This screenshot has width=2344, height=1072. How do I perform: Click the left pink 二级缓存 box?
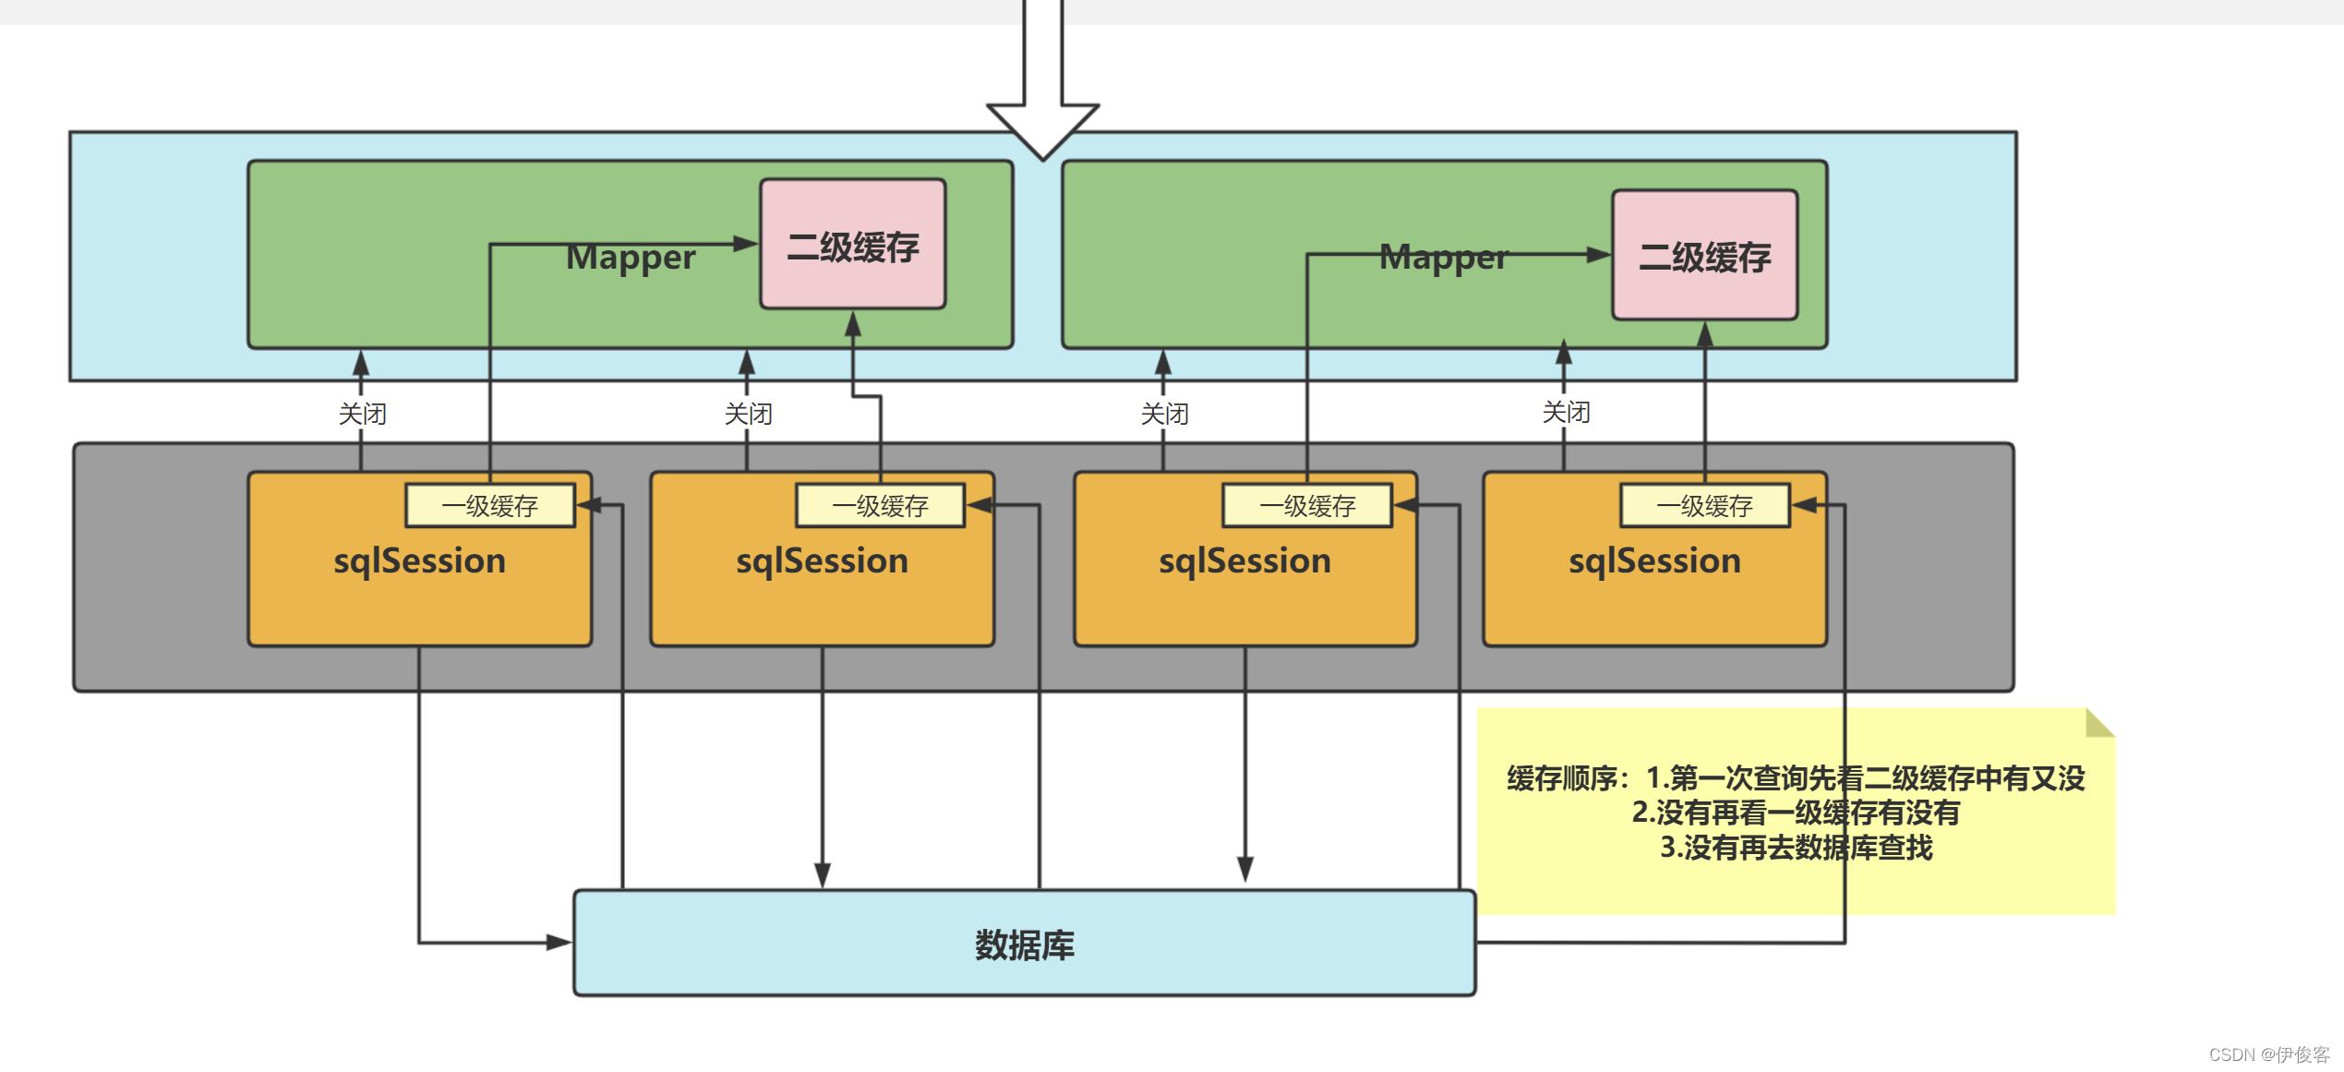click(852, 245)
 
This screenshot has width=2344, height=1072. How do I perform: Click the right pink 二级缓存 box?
click(1704, 256)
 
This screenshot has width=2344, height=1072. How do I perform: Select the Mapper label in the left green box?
click(631, 258)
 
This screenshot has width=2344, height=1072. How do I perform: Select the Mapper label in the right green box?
click(1443, 258)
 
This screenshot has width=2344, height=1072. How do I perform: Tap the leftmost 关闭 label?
click(362, 414)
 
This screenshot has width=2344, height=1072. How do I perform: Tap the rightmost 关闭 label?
click(1566, 412)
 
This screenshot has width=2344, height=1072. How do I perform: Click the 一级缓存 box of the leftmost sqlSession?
click(489, 506)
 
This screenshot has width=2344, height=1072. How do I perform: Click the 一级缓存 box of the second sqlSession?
click(880, 506)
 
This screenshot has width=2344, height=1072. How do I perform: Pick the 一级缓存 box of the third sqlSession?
click(1306, 506)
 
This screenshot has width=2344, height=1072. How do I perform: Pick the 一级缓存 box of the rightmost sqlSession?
click(1704, 506)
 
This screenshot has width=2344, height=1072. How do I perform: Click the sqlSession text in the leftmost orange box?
click(419, 561)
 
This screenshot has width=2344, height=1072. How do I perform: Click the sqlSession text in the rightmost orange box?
click(1654, 561)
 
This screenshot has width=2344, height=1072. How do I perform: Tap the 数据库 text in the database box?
click(1024, 945)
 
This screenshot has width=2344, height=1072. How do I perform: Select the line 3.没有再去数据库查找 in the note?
click(1796, 848)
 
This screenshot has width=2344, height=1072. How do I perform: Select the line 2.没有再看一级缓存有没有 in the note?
click(1796, 813)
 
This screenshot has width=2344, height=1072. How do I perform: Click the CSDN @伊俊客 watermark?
click(2268, 1054)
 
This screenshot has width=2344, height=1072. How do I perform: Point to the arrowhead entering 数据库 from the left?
click(559, 943)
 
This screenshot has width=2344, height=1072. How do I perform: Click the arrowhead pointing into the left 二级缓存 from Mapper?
click(746, 244)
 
